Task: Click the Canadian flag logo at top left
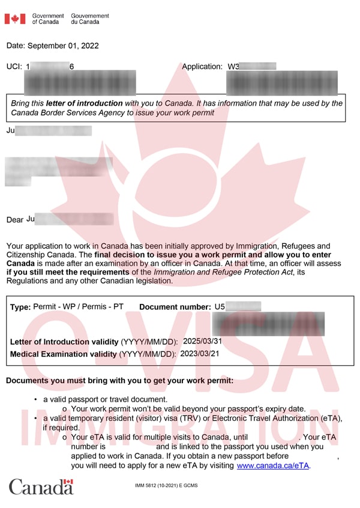point(15,19)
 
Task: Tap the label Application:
point(202,67)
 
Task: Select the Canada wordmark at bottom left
point(41,486)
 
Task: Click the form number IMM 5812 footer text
point(166,485)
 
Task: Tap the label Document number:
point(175,307)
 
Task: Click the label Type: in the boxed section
point(20,307)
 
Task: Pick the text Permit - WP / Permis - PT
point(78,306)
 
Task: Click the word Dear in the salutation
point(15,220)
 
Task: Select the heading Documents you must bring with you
point(119,381)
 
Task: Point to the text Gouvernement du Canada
point(90,19)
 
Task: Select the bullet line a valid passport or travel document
point(105,399)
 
